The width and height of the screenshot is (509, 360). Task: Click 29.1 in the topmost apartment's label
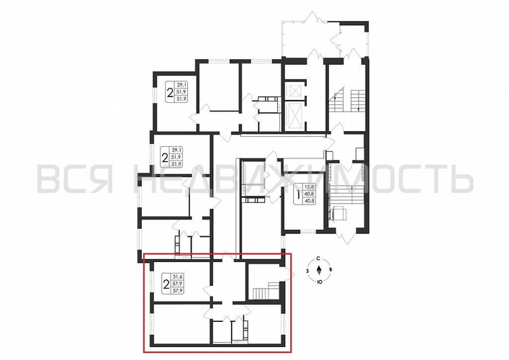[181, 85]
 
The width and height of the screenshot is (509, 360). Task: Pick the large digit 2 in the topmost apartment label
[170, 92]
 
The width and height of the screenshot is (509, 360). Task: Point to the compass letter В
[329, 270]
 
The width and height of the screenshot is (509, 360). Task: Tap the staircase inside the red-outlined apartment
[266, 290]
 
